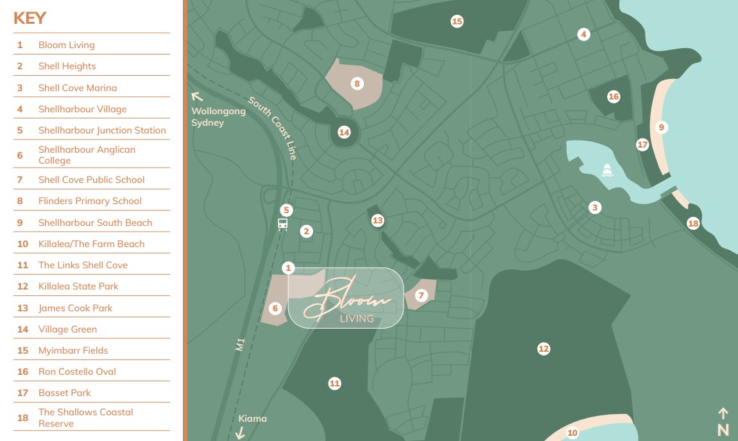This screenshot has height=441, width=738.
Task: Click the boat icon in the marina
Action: point(607,170)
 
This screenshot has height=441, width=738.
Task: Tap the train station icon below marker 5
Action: point(282,224)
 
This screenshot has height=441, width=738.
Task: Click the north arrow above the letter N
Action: point(723,413)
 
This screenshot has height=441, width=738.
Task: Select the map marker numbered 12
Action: point(544,349)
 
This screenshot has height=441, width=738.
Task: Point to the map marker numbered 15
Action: point(457,21)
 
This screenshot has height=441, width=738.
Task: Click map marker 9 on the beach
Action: point(661,127)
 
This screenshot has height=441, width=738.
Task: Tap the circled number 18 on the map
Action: point(693,223)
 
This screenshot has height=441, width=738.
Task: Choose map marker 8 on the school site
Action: point(357,83)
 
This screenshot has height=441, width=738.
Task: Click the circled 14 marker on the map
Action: point(345,132)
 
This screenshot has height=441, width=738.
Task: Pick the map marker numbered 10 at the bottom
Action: point(572,433)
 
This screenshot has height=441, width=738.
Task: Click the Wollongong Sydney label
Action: point(218,117)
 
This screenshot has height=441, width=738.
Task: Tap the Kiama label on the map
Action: point(252,419)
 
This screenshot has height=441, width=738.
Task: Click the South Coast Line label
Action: point(273,128)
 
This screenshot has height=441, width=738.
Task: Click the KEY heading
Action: point(30,18)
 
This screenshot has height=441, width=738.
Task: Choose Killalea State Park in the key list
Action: point(78,286)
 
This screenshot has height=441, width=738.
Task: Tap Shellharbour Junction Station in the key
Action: point(102,130)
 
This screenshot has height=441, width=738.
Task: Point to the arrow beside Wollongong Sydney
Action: point(198,97)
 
